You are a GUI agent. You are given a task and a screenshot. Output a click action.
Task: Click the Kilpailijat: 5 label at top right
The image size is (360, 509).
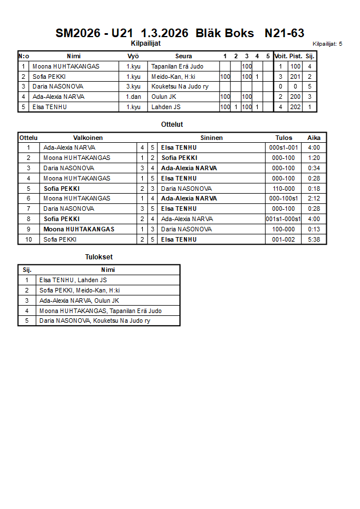coord(327,43)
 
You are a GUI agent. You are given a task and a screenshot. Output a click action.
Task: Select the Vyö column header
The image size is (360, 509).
coord(133,56)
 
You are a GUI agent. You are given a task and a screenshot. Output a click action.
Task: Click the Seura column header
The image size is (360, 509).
coord(183,56)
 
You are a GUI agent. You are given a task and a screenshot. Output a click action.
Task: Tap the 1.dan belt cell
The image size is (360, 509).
coord(133,97)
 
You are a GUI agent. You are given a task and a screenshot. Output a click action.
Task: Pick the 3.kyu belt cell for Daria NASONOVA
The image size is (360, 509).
coord(133,86)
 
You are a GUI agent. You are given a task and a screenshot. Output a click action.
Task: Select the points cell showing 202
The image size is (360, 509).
coord(295,107)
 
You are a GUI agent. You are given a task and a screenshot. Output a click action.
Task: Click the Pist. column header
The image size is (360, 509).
coord(295,56)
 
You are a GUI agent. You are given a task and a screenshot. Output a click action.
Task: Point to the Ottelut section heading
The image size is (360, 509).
coord(173,124)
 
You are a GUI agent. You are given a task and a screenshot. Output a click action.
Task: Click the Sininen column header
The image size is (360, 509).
coord(211,138)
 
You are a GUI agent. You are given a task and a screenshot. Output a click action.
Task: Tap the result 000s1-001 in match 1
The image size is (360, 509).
coord(283,147)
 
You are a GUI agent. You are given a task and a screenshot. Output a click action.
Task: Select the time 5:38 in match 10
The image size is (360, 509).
coord(314,239)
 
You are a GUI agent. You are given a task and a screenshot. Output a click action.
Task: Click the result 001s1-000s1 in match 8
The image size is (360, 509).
coord(283,219)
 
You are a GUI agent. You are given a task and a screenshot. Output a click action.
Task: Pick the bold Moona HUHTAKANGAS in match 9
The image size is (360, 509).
coord(79,229)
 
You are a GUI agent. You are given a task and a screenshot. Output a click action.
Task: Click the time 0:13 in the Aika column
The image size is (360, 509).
coord(314,229)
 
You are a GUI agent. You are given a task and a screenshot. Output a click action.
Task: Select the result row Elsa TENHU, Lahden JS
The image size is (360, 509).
coord(73,280)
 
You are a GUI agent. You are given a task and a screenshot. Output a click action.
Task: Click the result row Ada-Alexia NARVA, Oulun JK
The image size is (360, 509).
coord(79,300)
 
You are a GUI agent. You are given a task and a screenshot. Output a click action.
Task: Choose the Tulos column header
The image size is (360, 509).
coord(283,138)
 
